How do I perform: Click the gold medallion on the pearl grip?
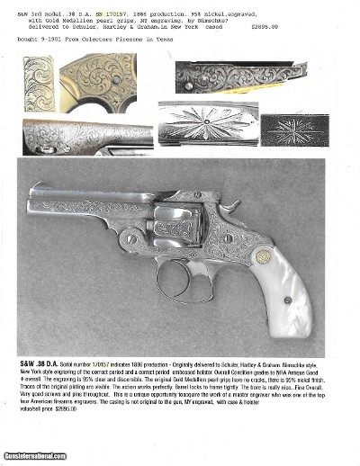[x=264, y=257]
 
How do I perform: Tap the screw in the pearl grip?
[x=287, y=300]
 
